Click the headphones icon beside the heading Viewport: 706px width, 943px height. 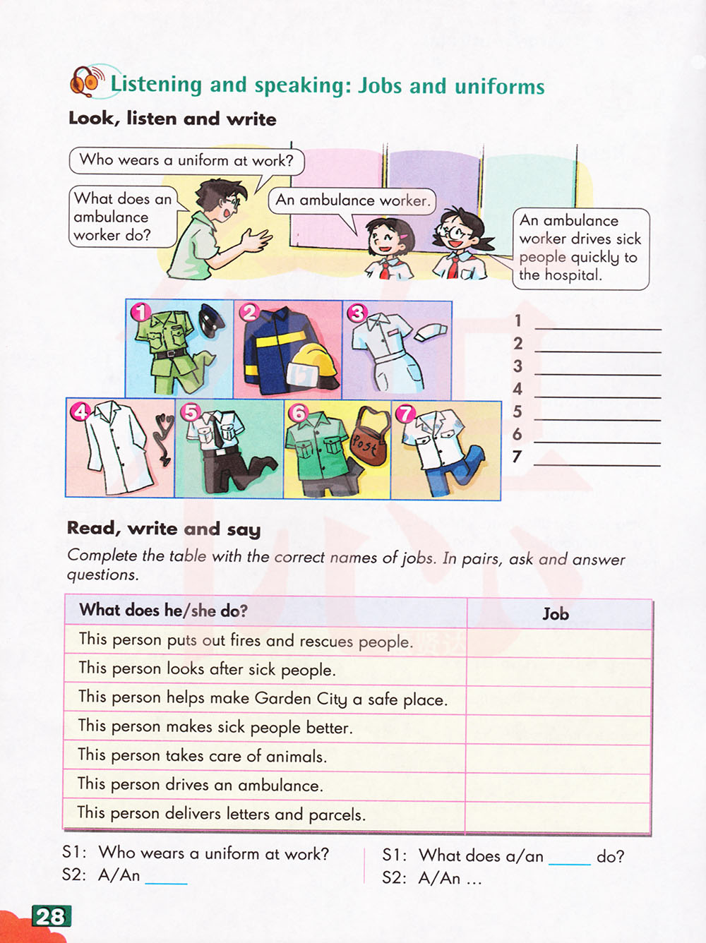click(85, 81)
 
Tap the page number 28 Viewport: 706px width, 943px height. click(51, 916)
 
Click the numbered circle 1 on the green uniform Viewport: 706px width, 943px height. click(142, 311)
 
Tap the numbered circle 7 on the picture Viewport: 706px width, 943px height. click(405, 414)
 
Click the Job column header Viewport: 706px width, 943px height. click(556, 614)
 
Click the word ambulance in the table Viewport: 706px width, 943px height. click(277, 785)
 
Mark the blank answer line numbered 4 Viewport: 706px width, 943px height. click(597, 392)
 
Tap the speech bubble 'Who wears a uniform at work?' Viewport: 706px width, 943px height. click(186, 160)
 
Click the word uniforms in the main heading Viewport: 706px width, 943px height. click(499, 87)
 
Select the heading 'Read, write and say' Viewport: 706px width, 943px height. click(164, 529)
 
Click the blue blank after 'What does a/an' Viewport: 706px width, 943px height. click(569, 860)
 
